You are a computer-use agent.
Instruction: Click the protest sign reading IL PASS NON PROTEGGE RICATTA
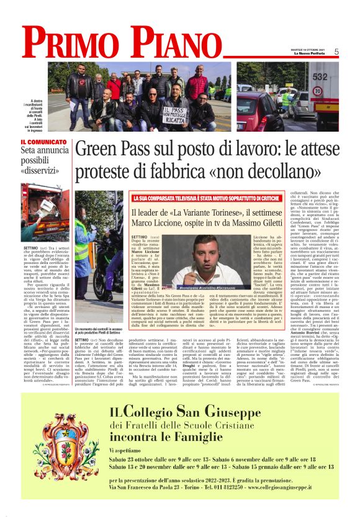pyautogui.click(x=176, y=113)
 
